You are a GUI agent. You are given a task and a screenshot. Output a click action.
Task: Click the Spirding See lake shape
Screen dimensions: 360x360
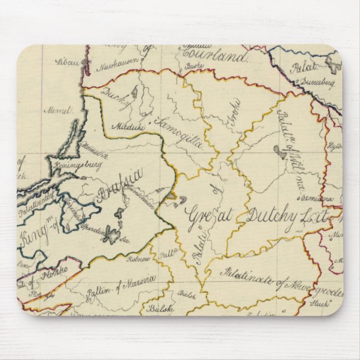(112, 238)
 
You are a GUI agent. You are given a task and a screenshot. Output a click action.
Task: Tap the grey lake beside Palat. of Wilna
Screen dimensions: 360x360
(278, 150)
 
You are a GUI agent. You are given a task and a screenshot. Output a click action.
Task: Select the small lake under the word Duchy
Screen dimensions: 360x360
(134, 92)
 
